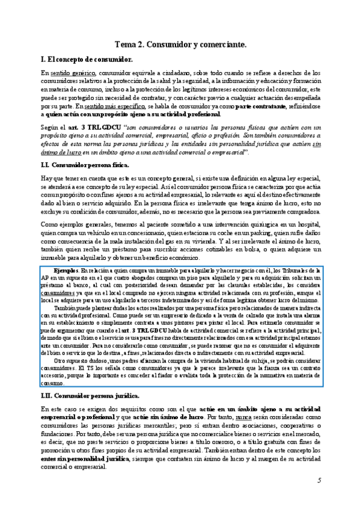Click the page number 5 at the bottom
[x=319, y=481]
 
